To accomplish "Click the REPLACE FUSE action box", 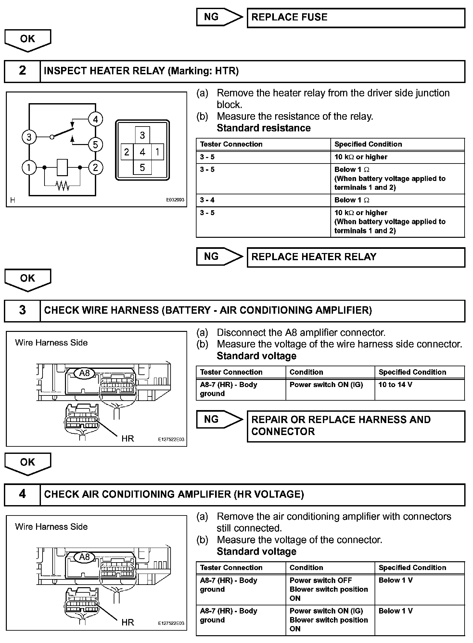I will coord(356,18).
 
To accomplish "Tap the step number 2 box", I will coord(22,71).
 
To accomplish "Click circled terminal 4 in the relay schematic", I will coord(95,119).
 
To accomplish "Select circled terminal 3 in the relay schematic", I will coord(29,137).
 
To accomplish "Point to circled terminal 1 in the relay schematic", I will coord(29,168).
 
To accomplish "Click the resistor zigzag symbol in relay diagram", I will coord(62,186).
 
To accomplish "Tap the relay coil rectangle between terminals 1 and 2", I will coord(62,167).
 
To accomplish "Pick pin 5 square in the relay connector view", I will coord(142,168).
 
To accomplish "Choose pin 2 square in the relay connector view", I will coord(127,152).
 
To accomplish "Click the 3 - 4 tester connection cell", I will coord(263,200).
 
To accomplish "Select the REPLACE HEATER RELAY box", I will coord(356,257).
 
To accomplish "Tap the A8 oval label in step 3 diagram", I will coord(84,373).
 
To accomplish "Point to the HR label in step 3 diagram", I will coord(128,439).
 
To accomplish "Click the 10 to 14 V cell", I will coord(419,389).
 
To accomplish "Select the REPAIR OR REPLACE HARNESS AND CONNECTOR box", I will coord(356,426).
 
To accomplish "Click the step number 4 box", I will coord(22,494).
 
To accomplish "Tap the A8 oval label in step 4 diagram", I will coord(84,557).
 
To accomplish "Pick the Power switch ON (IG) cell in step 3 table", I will coord(330,389).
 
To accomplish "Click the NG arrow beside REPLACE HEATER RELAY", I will coord(219,257).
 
